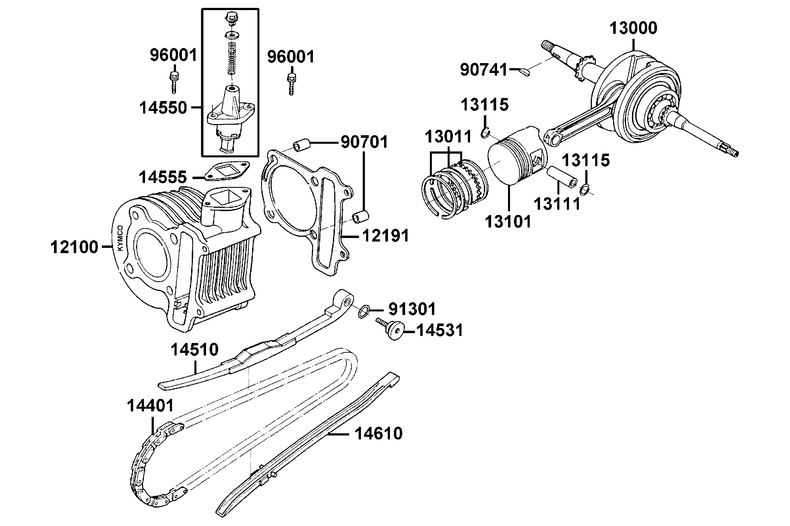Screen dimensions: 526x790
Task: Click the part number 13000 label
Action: (633, 28)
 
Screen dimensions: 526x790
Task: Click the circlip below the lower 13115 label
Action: (584, 190)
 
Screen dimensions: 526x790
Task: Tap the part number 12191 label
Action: (386, 236)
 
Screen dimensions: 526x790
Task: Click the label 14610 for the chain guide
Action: (378, 434)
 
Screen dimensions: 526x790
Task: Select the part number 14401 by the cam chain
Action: (150, 406)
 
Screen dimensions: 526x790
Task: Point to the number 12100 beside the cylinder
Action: (74, 247)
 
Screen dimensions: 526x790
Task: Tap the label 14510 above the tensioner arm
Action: (194, 350)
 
